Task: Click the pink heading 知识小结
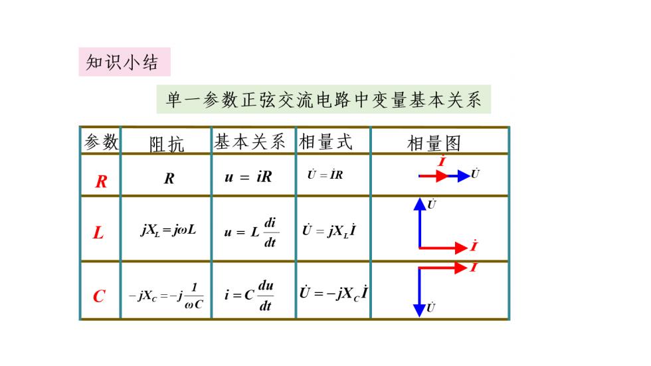click(122, 62)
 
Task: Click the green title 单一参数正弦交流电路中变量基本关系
click(324, 100)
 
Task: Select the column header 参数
click(101, 142)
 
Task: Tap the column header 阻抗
click(167, 144)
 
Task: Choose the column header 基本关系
click(250, 142)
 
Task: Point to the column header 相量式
click(326, 142)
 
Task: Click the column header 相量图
click(434, 143)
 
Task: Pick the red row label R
click(101, 181)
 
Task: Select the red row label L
click(98, 232)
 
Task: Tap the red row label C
click(99, 296)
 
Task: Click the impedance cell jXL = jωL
click(168, 230)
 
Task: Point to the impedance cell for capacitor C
click(166, 296)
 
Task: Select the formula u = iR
click(248, 177)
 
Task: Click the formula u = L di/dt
click(252, 232)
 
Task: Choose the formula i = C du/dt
click(249, 296)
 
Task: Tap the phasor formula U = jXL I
click(329, 230)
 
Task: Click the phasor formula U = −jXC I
click(333, 293)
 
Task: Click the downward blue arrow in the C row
click(419, 292)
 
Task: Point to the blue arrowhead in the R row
click(464, 176)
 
